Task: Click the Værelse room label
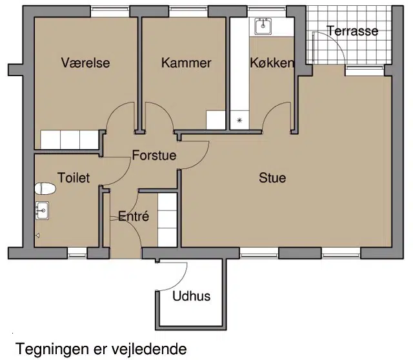click(85, 63)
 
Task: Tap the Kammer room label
click(186, 63)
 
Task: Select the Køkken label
click(272, 63)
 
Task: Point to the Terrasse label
click(352, 31)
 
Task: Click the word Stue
click(272, 178)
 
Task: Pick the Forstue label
click(154, 155)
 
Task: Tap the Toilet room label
click(74, 178)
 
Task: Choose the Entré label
click(134, 216)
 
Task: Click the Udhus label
click(192, 296)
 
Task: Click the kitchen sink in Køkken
click(263, 26)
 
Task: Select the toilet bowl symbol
click(45, 188)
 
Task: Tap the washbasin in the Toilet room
click(42, 210)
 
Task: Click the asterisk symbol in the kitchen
click(239, 121)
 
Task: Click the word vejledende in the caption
click(149, 349)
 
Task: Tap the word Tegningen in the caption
click(52, 349)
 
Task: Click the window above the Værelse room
click(110, 11)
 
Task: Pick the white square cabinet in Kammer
click(216, 120)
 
